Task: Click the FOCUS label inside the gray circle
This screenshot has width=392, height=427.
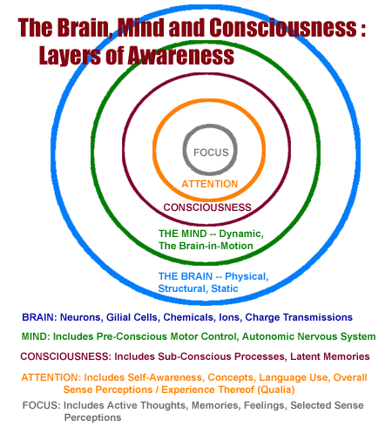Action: pyautogui.click(x=211, y=152)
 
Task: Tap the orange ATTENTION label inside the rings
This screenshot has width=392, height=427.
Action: pyautogui.click(x=210, y=184)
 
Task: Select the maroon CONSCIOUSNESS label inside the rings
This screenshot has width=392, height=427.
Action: pyautogui.click(x=207, y=207)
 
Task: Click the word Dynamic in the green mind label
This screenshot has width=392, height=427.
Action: pyautogui.click(x=241, y=234)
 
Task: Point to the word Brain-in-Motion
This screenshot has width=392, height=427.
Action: pyautogui.click(x=216, y=246)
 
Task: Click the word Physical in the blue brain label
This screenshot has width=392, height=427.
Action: pyautogui.click(x=247, y=276)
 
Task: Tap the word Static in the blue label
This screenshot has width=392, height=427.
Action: pyautogui.click(x=225, y=288)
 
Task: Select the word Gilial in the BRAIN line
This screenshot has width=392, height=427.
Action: pyautogui.click(x=118, y=317)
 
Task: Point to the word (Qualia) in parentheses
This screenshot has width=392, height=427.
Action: pyautogui.click(x=276, y=390)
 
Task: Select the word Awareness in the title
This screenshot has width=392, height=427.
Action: pyautogui.click(x=180, y=56)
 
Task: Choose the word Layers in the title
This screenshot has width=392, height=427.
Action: pyautogui.click(x=70, y=57)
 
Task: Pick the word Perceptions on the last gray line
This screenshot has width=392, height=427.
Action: pyautogui.click(x=92, y=417)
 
